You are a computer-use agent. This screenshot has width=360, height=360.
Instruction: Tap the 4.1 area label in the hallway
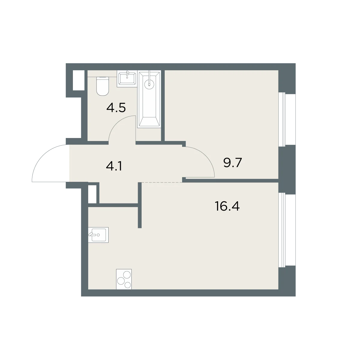point(114,166)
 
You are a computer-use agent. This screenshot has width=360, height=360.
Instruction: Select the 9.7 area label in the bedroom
point(232,162)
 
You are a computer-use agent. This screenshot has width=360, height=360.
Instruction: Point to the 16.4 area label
point(227,206)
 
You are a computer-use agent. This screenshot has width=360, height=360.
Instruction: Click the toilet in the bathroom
point(103,86)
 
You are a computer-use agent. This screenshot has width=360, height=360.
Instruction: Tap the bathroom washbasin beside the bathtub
point(127,79)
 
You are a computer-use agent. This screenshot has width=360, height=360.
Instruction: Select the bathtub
point(149,99)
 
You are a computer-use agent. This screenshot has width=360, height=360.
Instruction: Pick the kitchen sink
point(98,235)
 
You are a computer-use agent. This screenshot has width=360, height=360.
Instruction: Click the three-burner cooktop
point(124,279)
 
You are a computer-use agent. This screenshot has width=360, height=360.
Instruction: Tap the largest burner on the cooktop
point(127,274)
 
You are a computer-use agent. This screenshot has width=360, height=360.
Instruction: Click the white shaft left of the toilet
point(79,80)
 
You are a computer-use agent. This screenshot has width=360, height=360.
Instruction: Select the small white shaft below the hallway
point(92,194)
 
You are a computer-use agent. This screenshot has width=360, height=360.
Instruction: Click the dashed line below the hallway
point(162,182)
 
